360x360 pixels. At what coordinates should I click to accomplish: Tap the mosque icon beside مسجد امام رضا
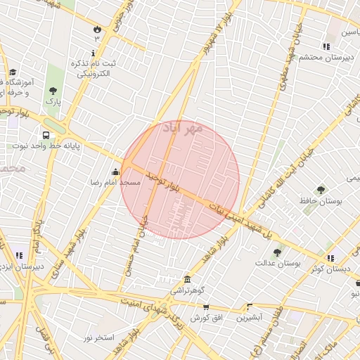[x=115, y=172]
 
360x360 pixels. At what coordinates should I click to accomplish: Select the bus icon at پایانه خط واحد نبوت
[x=46, y=135]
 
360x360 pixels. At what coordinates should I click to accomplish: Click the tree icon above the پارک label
[x=53, y=90]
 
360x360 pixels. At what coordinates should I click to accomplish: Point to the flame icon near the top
[x=96, y=29]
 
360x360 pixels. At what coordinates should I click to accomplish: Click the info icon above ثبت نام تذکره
[x=94, y=53]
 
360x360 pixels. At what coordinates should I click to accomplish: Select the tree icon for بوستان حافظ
[x=321, y=189]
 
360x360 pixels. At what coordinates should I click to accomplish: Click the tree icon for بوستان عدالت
[x=277, y=252]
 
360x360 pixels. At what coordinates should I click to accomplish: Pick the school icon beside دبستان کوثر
[x=330, y=258]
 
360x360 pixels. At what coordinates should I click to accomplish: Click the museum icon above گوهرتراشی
[x=187, y=279]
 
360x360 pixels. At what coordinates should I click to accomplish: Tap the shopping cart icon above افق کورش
[x=205, y=307]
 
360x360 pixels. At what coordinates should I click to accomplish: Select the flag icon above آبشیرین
[x=249, y=307]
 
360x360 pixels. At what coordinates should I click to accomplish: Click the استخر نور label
[x=99, y=338]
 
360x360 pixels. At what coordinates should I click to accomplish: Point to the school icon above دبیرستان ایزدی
[x=18, y=255]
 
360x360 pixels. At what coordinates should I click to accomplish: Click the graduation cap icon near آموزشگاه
[x=13, y=72]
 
